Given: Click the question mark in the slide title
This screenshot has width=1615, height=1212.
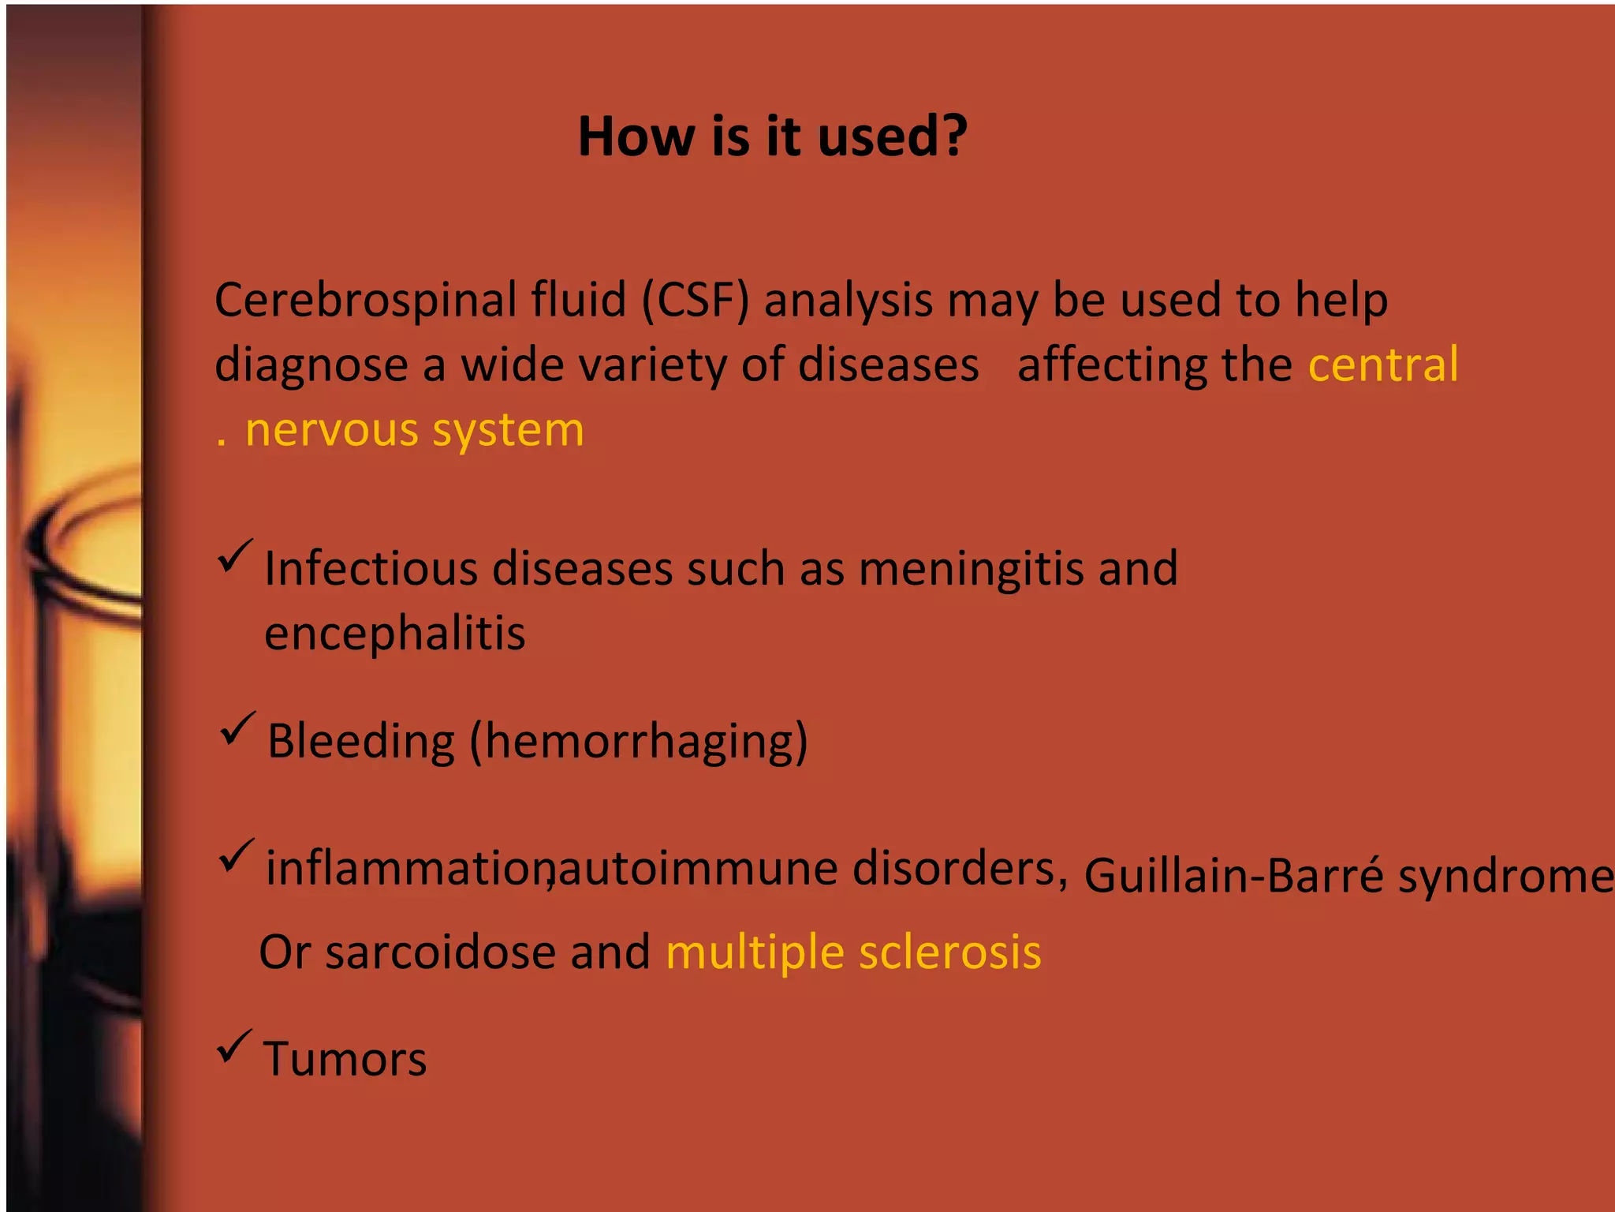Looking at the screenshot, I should [953, 136].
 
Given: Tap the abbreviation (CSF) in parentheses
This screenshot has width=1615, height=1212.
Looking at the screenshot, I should [695, 301].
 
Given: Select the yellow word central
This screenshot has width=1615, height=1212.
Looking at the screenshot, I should [1383, 365].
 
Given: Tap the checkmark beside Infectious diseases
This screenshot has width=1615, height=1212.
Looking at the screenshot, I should [235, 557].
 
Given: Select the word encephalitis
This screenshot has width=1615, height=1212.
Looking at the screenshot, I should [394, 634].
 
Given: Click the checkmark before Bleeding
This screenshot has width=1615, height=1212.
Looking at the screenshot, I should [237, 729].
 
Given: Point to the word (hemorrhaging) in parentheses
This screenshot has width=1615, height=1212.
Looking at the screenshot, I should [639, 742].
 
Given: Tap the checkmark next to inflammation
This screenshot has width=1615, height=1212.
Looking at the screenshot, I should [236, 856].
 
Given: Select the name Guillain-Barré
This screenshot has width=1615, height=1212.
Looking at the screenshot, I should [1233, 876].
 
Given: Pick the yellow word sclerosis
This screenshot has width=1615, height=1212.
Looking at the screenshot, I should [949, 952].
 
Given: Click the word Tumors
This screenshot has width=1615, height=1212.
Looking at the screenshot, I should [345, 1059].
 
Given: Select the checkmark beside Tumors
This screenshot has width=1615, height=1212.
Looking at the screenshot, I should [234, 1047].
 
